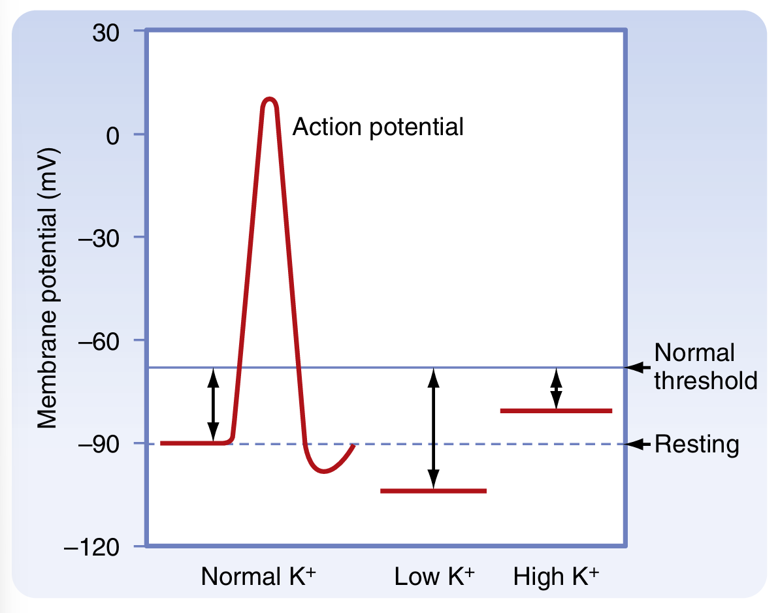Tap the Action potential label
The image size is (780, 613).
pos(378,127)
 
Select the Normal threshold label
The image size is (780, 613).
pos(705,366)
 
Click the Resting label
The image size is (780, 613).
pos(696,445)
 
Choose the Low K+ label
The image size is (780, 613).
pos(434,576)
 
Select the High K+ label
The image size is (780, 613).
pos(555,576)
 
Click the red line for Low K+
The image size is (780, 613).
pos(433,491)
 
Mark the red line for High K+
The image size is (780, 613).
pos(555,411)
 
